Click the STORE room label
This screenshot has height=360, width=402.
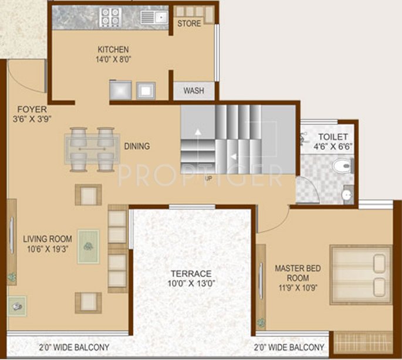click(189, 23)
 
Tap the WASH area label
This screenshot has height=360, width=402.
click(194, 91)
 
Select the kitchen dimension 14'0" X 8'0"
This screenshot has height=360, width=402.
click(113, 59)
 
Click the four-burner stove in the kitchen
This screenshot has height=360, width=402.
click(109, 16)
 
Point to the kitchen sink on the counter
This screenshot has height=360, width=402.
click(156, 17)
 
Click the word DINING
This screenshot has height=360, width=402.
click(137, 146)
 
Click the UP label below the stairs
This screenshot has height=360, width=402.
click(208, 178)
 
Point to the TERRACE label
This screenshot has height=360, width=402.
click(191, 273)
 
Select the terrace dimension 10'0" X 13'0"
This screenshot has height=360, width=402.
click(191, 284)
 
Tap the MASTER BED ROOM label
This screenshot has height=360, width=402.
click(298, 273)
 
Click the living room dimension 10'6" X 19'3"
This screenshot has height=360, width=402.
click(48, 249)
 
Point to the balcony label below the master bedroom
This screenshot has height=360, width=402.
click(289, 347)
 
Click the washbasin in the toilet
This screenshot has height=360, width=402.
click(347, 194)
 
